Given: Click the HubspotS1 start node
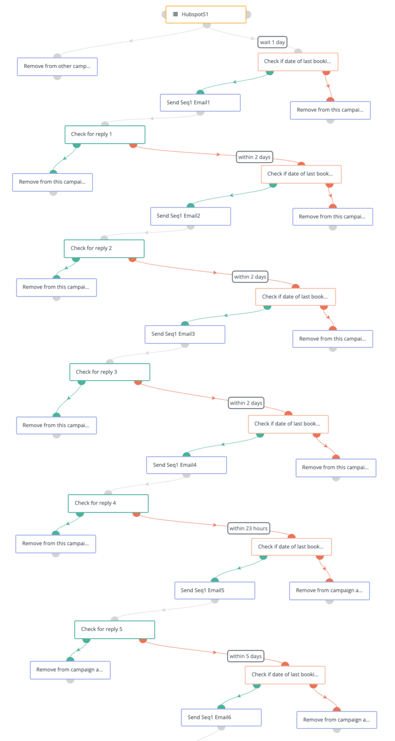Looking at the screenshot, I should point(206,14).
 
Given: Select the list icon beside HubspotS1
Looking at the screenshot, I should point(175,14).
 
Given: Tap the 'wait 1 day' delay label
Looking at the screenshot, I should point(273,42).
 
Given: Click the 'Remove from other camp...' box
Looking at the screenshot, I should point(57,67).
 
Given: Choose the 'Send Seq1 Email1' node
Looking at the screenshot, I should point(200,103).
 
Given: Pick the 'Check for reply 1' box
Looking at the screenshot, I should point(105,135).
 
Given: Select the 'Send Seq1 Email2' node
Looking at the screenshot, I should point(190,216).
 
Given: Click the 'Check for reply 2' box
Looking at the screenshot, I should point(104,248).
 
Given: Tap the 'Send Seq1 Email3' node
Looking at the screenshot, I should point(185,334).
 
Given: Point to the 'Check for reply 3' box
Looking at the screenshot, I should point(110,372).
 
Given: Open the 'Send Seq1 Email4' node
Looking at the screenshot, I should point(186,465).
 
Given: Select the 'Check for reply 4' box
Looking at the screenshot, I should point(108,503).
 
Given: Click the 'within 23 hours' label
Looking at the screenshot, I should point(249,528).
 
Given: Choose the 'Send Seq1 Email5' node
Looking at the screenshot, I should point(215,590).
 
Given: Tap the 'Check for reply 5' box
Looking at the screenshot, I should point(115,630).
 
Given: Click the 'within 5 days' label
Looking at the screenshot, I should point(246,656).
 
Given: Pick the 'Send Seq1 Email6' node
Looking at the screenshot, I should point(221,717).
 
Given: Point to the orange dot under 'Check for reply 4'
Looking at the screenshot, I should point(136,513).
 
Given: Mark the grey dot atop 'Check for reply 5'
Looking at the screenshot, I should point(114,620).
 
